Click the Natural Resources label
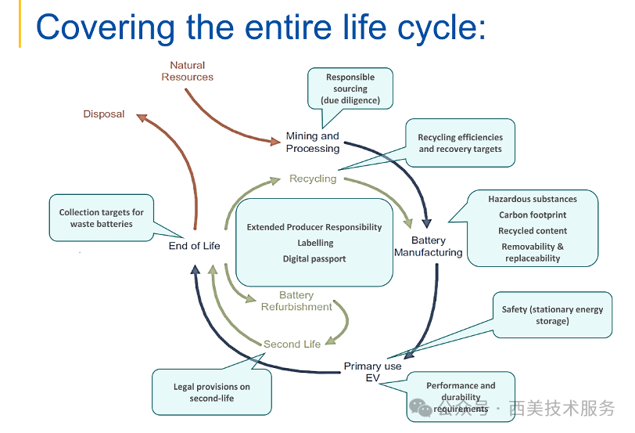[x=187, y=71]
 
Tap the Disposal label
[x=104, y=114]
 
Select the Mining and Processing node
[x=313, y=142]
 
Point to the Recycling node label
[x=313, y=179]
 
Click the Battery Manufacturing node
[x=429, y=246]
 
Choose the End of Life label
[x=195, y=246]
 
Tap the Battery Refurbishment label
[x=296, y=301]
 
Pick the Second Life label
[x=292, y=345]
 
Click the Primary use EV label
[x=372, y=372]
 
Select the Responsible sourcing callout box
[x=350, y=88]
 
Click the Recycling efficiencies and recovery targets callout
[x=460, y=143]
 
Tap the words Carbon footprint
[x=533, y=215]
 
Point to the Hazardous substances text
[x=533, y=199]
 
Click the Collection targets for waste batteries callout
[x=101, y=218]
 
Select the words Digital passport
[x=314, y=258]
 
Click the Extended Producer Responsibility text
[x=314, y=227]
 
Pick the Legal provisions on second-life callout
[x=212, y=392]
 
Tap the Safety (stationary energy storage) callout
[x=552, y=315]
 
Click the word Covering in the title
[x=106, y=27]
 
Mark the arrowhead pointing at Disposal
[x=142, y=118]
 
